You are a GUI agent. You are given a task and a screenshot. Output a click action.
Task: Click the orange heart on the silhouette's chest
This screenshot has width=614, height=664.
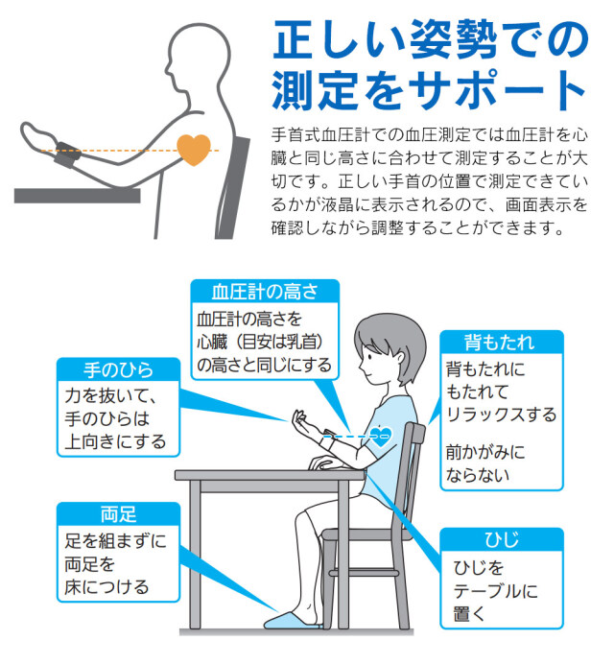(194, 149)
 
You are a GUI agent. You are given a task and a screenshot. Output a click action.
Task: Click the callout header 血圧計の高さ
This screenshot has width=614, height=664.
(265, 292)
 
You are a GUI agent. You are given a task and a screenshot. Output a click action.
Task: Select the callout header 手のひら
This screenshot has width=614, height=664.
(118, 369)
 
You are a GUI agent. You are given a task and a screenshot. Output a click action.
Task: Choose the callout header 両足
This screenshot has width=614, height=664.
(119, 514)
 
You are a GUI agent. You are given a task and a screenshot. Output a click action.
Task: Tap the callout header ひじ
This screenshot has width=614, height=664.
(502, 539)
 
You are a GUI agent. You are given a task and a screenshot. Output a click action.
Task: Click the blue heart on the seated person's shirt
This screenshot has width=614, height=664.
(381, 437)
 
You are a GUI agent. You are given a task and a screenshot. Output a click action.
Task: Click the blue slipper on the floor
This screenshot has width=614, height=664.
(293, 621)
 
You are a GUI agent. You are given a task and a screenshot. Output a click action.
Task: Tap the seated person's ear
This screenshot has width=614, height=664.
(400, 358)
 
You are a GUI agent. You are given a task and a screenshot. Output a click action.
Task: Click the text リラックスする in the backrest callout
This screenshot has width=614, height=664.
(502, 415)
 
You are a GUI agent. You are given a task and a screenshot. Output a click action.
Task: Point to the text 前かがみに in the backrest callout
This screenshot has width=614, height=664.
(485, 452)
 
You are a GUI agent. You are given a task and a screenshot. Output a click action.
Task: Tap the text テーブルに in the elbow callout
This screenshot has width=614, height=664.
(495, 591)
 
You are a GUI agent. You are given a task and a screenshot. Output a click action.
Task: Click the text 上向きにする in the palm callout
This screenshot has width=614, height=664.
(115, 441)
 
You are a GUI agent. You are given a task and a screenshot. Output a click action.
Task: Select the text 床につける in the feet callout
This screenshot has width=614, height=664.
(106, 587)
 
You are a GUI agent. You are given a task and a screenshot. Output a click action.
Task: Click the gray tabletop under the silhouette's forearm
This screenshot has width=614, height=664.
(77, 196)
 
